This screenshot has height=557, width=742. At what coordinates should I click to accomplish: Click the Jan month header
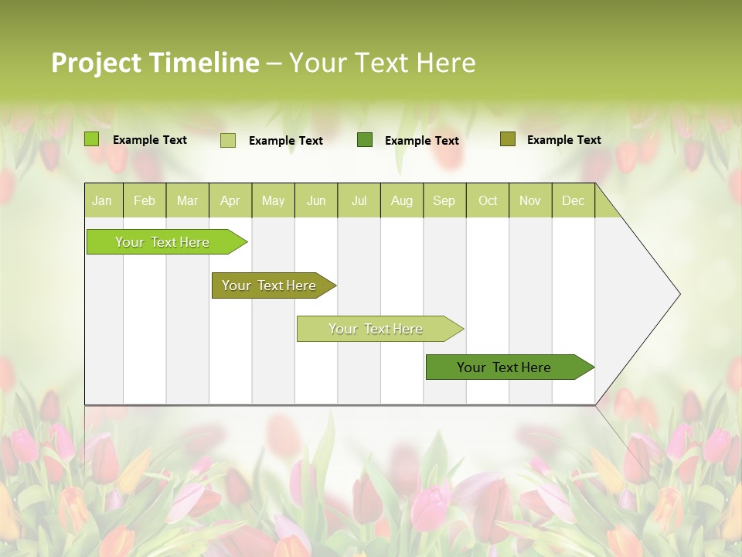102,201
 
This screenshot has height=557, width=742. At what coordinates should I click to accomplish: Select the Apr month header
230,201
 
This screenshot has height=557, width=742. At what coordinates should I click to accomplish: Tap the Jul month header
359,201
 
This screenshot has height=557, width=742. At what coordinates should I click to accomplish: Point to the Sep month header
444,201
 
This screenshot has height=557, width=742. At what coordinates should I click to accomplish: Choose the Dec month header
573,201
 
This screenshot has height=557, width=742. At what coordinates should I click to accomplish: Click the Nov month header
529,201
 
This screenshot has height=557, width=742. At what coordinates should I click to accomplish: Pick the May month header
273,201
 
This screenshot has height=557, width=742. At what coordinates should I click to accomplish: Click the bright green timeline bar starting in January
162,242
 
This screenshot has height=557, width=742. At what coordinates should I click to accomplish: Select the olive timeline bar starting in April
269,285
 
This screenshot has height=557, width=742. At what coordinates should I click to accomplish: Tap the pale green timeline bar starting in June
376,329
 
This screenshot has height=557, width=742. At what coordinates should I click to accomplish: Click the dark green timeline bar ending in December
504,367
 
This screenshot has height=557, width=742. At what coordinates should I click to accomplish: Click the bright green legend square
92,139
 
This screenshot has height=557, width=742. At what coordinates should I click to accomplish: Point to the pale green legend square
228,140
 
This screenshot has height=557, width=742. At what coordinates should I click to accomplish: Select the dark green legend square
365,139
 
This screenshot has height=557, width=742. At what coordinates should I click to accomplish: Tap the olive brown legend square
508,139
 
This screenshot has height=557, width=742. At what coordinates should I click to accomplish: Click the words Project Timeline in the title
155,63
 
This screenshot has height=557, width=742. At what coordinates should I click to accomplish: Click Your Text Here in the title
382,63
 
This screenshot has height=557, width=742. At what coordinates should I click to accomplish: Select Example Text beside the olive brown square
563,140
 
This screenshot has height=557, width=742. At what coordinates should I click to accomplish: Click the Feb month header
145,201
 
